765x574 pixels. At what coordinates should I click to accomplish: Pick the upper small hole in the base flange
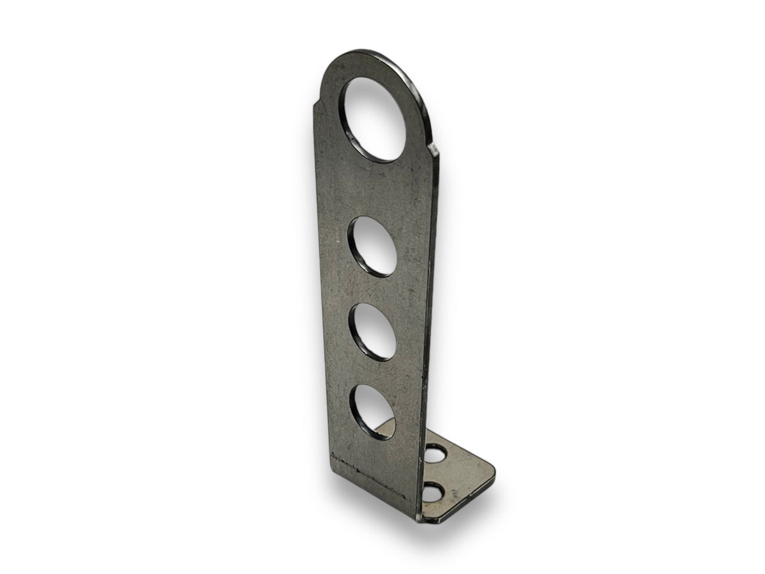point(436,455)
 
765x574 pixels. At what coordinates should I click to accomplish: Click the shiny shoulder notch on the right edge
point(433,151)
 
